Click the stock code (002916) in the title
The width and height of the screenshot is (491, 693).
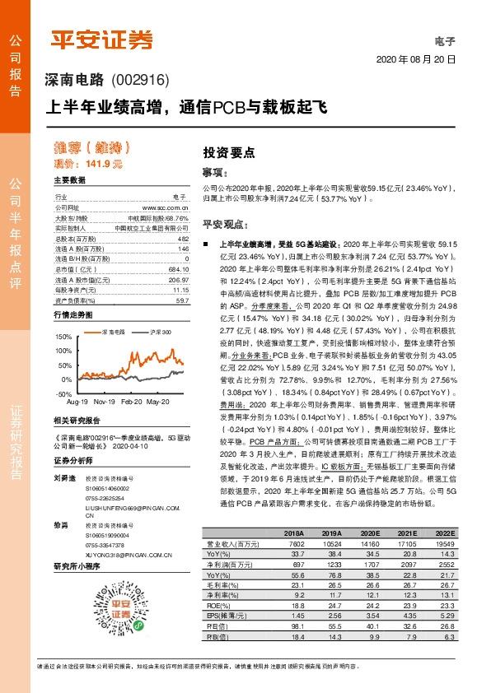[x=138, y=80]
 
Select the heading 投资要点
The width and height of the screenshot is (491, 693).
[x=229, y=152]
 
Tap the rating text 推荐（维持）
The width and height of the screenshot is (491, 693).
[x=92, y=148]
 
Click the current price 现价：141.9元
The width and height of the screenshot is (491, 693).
[x=87, y=164]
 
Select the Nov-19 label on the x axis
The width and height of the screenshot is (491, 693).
[x=104, y=402]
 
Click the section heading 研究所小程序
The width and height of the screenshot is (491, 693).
[x=77, y=566]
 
